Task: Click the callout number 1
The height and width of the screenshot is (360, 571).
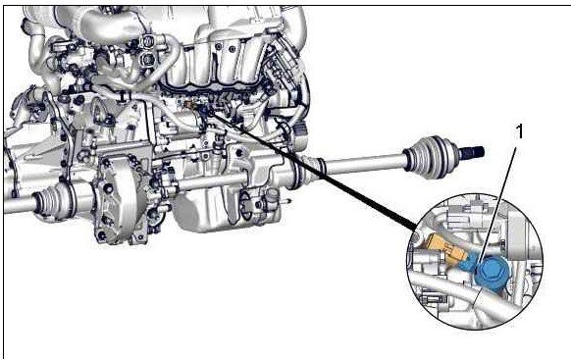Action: (x=520, y=131)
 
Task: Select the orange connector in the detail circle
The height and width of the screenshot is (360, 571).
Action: (x=445, y=250)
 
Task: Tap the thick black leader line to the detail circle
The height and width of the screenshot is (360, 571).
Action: (x=312, y=171)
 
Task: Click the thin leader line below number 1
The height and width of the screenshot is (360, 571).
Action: (x=496, y=225)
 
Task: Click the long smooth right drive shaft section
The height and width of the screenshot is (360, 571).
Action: (x=364, y=164)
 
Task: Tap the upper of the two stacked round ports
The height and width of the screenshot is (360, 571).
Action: (x=146, y=41)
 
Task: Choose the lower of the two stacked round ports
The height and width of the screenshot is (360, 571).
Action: (x=147, y=58)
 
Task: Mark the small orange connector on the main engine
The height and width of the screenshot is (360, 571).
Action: (x=188, y=105)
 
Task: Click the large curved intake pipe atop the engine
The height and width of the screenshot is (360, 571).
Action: (x=109, y=26)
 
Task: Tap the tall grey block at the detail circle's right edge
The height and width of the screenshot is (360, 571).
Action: (x=517, y=236)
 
